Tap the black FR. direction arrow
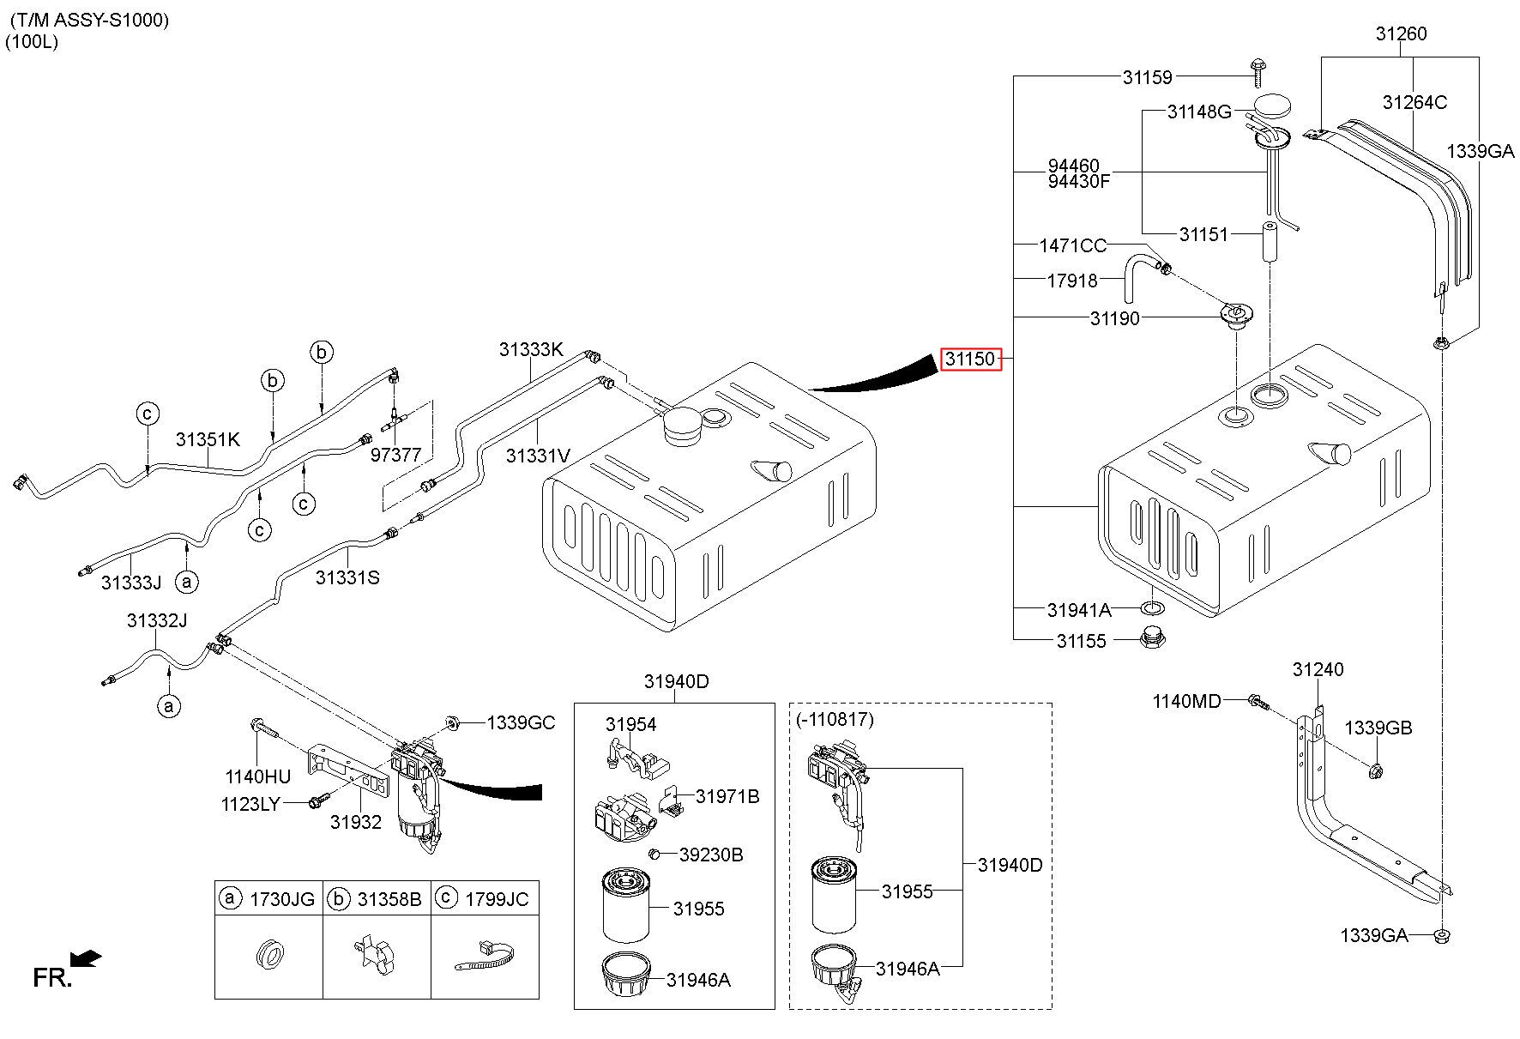pyautogui.click(x=87, y=958)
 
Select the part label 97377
pyautogui.click(x=395, y=455)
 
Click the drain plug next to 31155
pyautogui.click(x=1151, y=638)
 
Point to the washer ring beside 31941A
pyautogui.click(x=1152, y=609)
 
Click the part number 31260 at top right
pyautogui.click(x=1401, y=33)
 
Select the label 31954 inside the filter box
pyautogui.click(x=630, y=724)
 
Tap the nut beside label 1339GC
pyautogui.click(x=452, y=722)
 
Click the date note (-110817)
pyautogui.click(x=835, y=720)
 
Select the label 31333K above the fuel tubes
pyautogui.click(x=532, y=349)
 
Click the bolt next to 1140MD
pyautogui.click(x=1258, y=701)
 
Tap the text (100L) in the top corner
pyautogui.click(x=32, y=42)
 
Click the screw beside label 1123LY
pyautogui.click(x=317, y=801)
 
